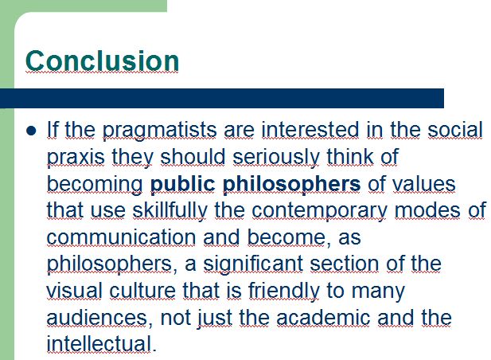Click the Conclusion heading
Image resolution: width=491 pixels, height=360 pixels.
coord(102,61)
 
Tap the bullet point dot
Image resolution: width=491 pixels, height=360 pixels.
coord(31,131)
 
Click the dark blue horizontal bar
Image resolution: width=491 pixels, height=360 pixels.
coord(222,99)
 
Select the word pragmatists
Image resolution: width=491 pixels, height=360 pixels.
coord(160,131)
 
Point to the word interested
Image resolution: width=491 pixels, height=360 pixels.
coord(310,130)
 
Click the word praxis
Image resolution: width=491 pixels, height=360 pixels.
coord(76,157)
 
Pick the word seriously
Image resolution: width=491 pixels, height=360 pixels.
coord(276,157)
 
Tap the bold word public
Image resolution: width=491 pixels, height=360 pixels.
coord(183,184)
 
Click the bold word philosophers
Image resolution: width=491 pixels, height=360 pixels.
coord(291,184)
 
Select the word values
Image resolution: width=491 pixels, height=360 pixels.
coord(424,184)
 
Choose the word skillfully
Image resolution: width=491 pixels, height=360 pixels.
coord(170,210)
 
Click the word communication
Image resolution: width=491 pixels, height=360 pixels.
coord(122,237)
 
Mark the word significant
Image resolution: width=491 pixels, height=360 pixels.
coord(253,264)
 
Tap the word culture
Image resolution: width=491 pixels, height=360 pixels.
coord(142,291)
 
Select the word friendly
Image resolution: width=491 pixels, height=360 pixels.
coord(284,291)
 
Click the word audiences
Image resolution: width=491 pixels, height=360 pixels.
coord(97,317)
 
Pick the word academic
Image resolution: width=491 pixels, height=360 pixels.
coord(323,317)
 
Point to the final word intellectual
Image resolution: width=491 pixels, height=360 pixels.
coord(99,344)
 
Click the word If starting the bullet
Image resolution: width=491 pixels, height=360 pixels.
coord(53,129)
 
